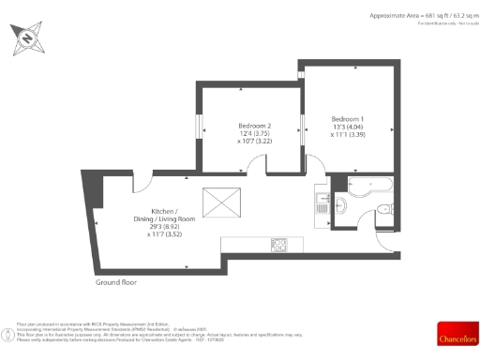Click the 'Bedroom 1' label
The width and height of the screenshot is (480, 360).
pyautogui.click(x=348, y=119)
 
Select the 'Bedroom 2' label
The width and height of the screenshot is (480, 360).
pyautogui.click(x=254, y=126)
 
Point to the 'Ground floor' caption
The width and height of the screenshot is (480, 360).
pyautogui.click(x=117, y=281)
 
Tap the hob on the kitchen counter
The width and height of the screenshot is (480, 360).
pyautogui.click(x=278, y=244)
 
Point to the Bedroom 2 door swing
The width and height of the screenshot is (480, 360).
pyautogui.click(x=254, y=166)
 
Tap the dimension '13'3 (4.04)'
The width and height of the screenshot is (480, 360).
pyautogui.click(x=348, y=127)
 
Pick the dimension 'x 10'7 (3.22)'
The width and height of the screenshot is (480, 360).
pyautogui.click(x=254, y=141)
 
